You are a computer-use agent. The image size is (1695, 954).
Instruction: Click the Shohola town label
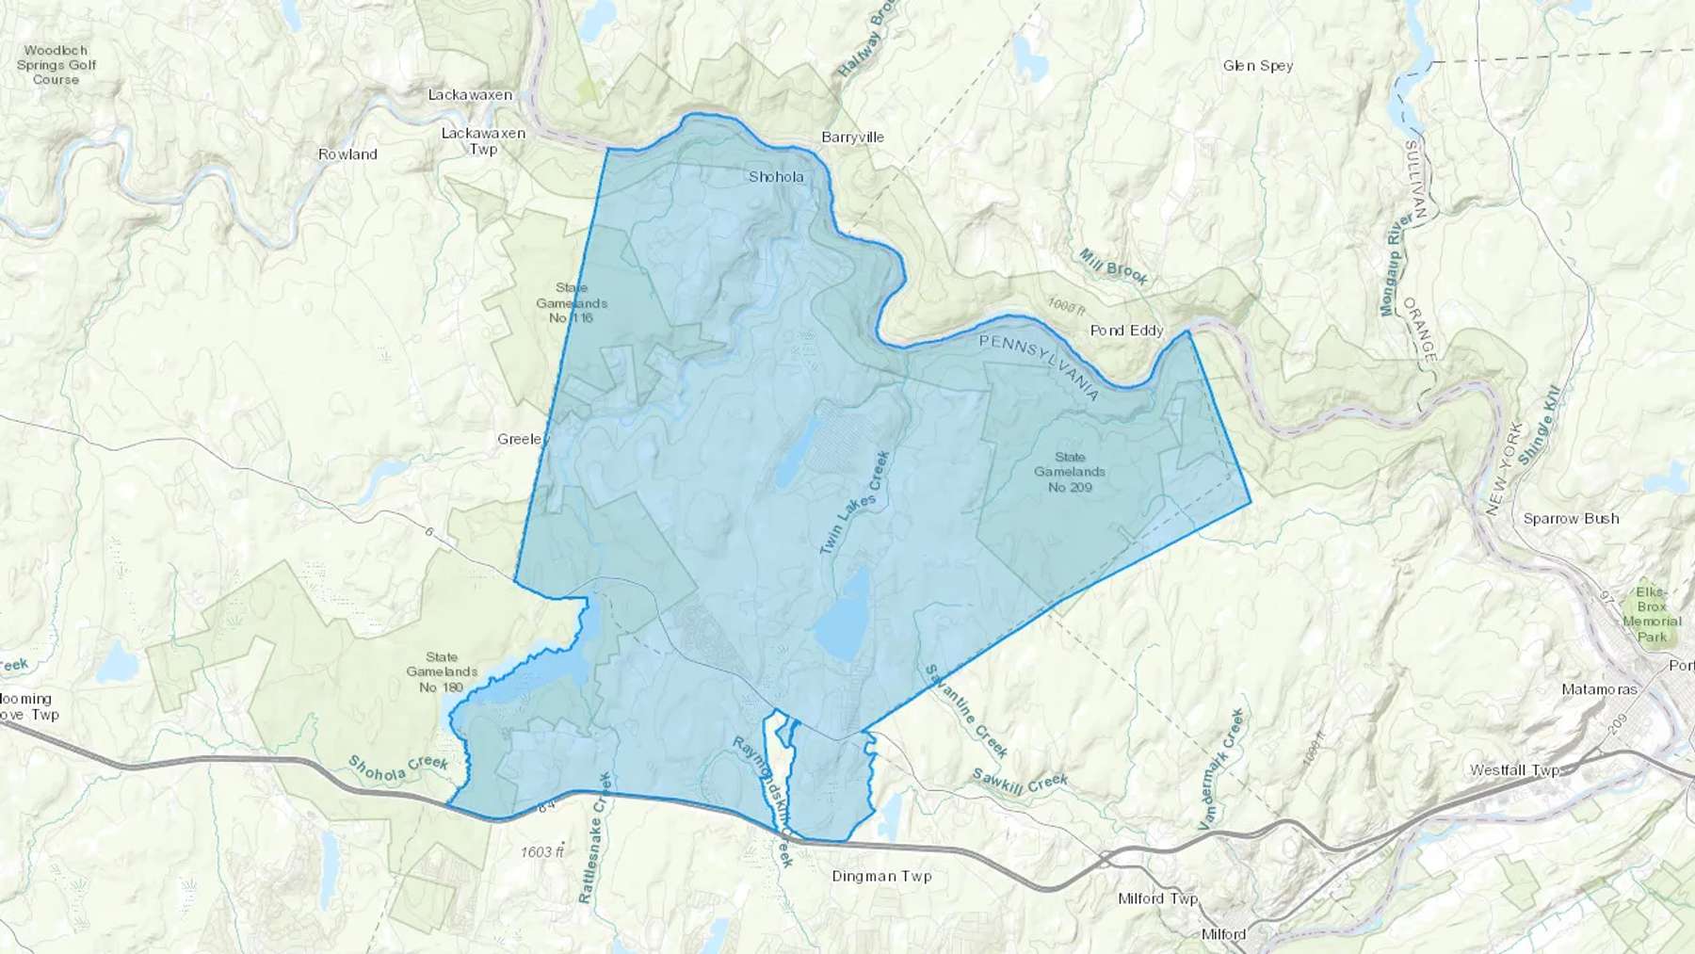[x=776, y=177]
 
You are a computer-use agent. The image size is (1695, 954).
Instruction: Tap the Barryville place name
[x=852, y=137]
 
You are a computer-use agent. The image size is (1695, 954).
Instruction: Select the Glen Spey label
[x=1257, y=66]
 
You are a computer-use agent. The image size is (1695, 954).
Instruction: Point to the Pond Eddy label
[x=1126, y=331]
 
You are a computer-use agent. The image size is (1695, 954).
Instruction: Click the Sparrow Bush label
[x=1571, y=519]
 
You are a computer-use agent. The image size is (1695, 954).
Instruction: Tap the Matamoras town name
[x=1599, y=689]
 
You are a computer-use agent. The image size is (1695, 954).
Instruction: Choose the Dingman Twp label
[x=881, y=876]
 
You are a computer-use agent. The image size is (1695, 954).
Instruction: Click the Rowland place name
[x=347, y=154]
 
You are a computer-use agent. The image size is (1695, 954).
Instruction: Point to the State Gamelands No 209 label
[x=1070, y=472]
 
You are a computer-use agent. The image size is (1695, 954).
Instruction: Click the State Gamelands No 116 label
[x=572, y=303]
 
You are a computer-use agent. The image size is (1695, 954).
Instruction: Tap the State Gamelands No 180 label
[x=442, y=672]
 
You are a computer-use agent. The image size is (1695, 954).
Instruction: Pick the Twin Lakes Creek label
[x=854, y=502]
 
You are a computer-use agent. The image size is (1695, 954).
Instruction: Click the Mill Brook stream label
[x=1113, y=267]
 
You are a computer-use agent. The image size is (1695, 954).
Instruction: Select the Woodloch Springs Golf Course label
[x=56, y=65]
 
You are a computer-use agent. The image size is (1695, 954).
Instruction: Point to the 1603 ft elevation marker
[x=541, y=852]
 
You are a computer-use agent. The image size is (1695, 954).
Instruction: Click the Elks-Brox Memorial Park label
[x=1652, y=614]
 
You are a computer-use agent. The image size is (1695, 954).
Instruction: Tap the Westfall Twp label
[x=1514, y=770]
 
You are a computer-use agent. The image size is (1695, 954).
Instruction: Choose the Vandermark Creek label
[x=1221, y=769]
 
